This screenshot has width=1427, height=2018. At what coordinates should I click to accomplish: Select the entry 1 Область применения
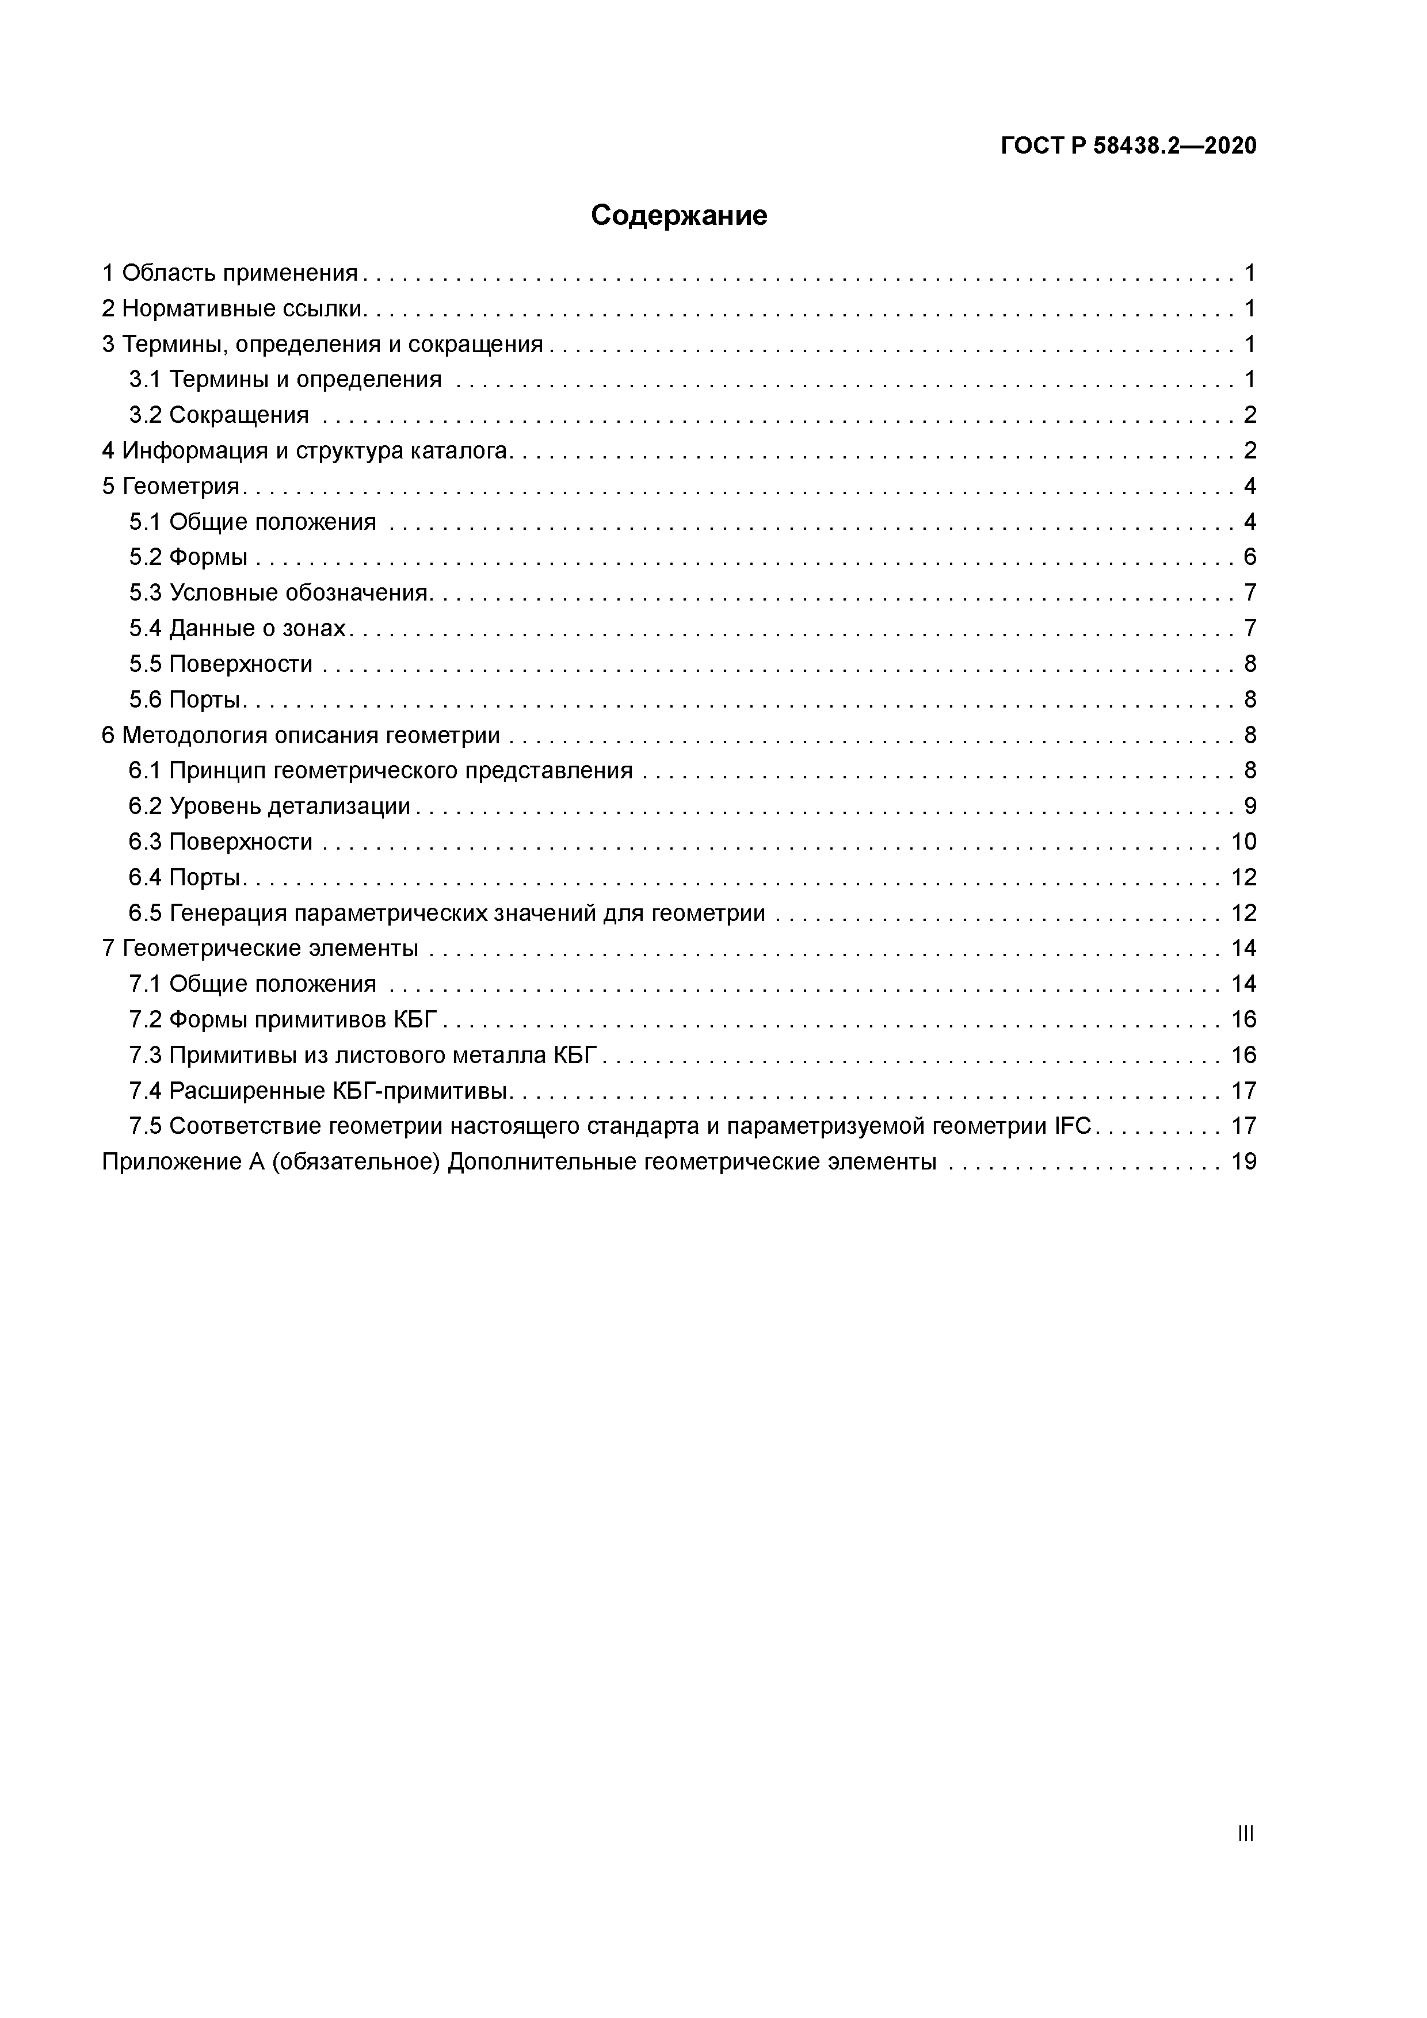coord(230,273)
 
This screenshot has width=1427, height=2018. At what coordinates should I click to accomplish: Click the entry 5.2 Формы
coord(188,557)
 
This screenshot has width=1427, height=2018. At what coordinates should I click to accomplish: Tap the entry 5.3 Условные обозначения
coord(278,593)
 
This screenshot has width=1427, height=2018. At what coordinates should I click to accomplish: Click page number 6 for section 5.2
coord(1249,557)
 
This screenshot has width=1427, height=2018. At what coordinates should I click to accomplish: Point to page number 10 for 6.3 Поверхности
coord(1243,842)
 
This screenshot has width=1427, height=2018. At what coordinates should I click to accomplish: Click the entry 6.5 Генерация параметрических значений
coord(447,913)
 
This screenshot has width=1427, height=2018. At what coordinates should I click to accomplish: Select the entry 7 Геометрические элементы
coord(260,949)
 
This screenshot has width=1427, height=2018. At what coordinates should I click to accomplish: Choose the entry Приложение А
coord(519,1162)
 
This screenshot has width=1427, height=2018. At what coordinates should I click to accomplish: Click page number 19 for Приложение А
coord(1243,1162)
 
